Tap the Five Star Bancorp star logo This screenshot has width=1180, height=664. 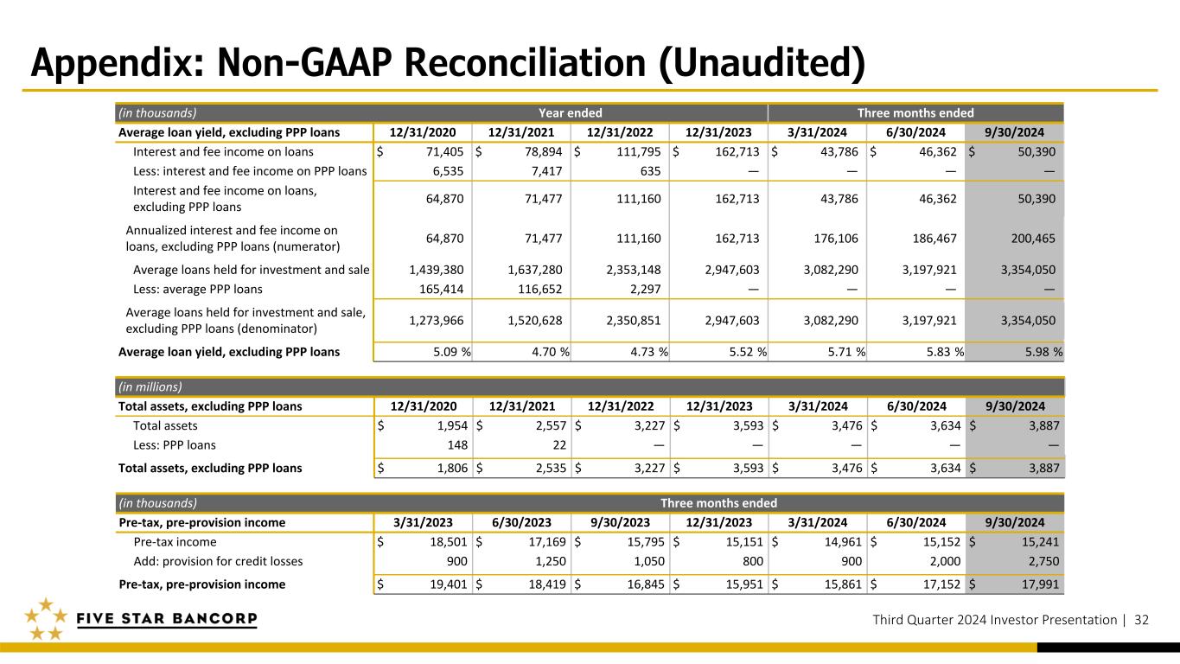(46, 619)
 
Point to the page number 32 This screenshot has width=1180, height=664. (1141, 620)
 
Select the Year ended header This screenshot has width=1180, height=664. (570, 112)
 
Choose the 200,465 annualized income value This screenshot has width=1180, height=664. (1033, 239)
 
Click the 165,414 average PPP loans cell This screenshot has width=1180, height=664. (442, 290)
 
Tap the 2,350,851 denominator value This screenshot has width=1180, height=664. (633, 321)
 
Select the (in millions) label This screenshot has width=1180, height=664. (150, 386)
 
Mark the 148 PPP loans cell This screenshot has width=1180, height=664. (457, 445)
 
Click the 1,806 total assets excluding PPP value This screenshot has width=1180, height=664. (452, 468)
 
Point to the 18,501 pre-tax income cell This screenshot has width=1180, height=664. (449, 542)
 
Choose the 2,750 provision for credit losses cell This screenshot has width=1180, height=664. (1043, 561)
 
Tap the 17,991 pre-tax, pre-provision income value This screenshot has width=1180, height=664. (1041, 584)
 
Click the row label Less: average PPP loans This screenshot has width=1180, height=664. (198, 290)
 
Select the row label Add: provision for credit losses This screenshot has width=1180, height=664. (218, 561)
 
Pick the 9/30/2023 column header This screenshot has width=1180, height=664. (620, 522)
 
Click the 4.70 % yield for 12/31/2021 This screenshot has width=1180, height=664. (551, 352)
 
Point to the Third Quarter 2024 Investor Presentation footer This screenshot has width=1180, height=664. (994, 620)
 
